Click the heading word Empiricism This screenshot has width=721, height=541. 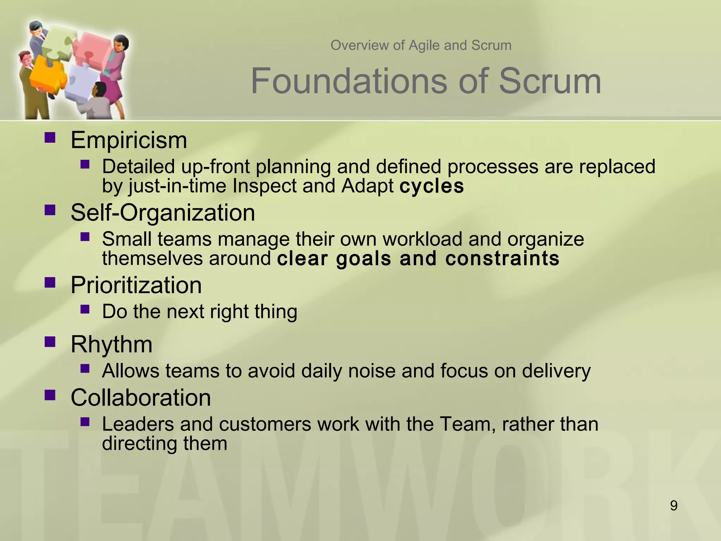tap(129, 140)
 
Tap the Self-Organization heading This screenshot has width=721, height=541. tap(163, 213)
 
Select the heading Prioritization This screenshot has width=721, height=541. tap(136, 285)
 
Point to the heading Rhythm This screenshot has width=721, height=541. tap(111, 344)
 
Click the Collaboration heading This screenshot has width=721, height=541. tap(140, 398)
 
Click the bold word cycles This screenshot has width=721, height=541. tap(432, 186)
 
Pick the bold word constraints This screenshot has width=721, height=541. tap(502, 259)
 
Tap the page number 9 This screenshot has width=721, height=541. tap(673, 506)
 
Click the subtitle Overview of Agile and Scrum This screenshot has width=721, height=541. tap(421, 45)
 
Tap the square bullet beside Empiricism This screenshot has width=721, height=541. tap(50, 137)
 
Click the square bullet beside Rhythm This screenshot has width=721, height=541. tap(50, 341)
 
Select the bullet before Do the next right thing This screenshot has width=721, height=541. tap(85, 309)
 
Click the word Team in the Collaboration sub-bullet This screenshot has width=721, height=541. tap(465, 424)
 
